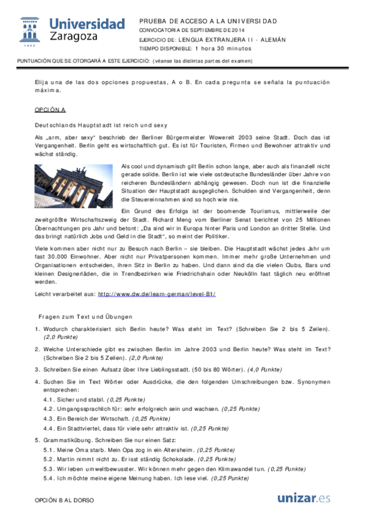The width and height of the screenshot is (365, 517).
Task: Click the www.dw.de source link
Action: [157, 294]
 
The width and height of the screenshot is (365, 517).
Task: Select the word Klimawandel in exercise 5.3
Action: [232, 469]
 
